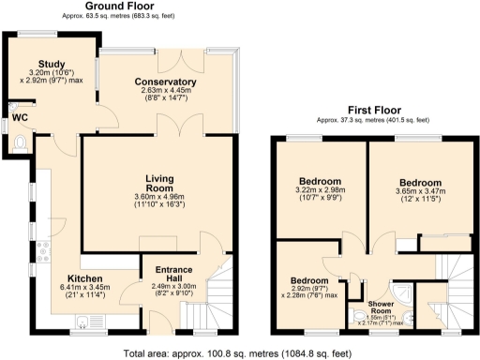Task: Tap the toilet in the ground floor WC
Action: coord(22,143)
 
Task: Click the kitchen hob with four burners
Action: coord(43,250)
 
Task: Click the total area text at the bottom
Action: coord(238,353)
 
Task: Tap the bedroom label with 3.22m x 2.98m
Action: coord(319,182)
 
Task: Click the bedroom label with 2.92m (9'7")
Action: coord(308,280)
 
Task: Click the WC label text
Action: coord(19,118)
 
